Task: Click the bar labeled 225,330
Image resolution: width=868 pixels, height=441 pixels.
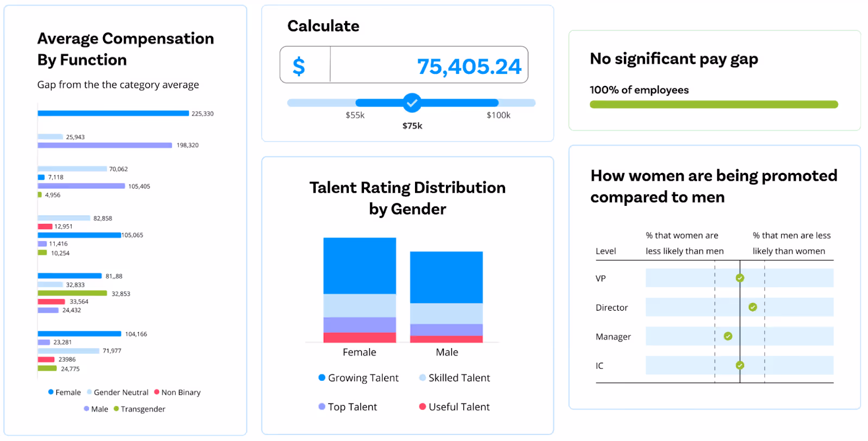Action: pos(113,114)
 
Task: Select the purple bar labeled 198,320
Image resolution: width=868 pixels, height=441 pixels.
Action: pos(105,145)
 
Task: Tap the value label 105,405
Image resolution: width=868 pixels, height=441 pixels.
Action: pos(139,186)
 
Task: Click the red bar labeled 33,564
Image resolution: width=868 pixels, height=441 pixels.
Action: pos(52,301)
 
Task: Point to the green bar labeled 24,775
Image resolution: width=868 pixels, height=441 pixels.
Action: pos(47,368)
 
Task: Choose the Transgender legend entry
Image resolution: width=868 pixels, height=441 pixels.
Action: pos(139,409)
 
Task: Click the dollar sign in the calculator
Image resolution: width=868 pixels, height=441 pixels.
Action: pos(299,66)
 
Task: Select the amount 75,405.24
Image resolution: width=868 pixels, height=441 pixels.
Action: pos(469,66)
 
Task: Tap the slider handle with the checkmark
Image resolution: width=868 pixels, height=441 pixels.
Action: pos(412,103)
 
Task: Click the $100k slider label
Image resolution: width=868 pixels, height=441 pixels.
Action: pos(498,115)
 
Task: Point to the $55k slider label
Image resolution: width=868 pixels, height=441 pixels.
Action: pos(355,115)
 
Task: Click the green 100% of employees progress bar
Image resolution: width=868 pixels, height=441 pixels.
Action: pos(713,104)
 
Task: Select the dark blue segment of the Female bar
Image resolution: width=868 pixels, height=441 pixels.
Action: pos(360,266)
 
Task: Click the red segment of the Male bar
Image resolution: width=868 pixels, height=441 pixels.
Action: pos(446,339)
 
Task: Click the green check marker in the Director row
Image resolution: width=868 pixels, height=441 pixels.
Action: pos(752,307)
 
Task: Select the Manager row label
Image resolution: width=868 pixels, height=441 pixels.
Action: pos(613,337)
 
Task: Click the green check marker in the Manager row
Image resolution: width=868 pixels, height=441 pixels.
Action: pos(728,336)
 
